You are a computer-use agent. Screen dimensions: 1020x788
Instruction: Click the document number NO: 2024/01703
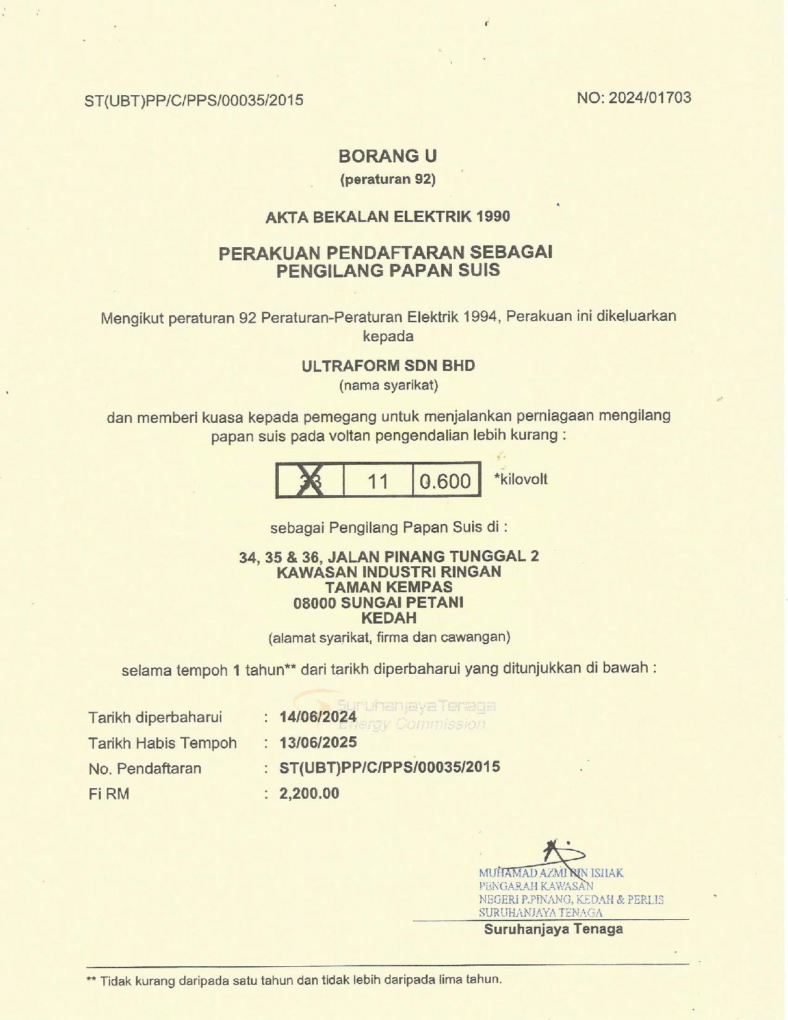tap(633, 98)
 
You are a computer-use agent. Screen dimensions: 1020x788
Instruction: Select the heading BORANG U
tap(388, 156)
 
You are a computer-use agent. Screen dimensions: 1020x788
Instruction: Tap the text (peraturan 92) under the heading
tap(388, 179)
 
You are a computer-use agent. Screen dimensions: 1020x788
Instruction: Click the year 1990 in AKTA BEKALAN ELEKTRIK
tap(493, 216)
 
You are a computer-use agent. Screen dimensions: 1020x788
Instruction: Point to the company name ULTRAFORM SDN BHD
tap(388, 365)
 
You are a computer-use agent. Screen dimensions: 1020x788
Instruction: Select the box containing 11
tap(378, 480)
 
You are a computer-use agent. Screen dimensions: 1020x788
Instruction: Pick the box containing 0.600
tap(446, 480)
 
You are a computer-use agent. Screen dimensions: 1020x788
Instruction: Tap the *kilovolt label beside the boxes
tap(521, 479)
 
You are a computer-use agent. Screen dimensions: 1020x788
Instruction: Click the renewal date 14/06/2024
tap(318, 716)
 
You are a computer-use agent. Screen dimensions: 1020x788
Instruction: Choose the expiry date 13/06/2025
tap(318, 742)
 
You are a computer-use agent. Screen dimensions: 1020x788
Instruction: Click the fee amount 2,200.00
tap(309, 793)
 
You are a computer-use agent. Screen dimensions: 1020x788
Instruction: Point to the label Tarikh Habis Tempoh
tap(162, 742)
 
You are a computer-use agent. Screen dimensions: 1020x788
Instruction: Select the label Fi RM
tap(109, 794)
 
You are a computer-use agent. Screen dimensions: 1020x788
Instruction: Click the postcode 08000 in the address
tap(314, 603)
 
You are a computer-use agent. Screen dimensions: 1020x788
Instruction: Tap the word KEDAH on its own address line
tap(389, 618)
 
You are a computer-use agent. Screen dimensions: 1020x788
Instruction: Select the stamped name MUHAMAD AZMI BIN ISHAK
tap(551, 873)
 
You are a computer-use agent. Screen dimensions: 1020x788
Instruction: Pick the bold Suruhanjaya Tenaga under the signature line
tap(553, 929)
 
